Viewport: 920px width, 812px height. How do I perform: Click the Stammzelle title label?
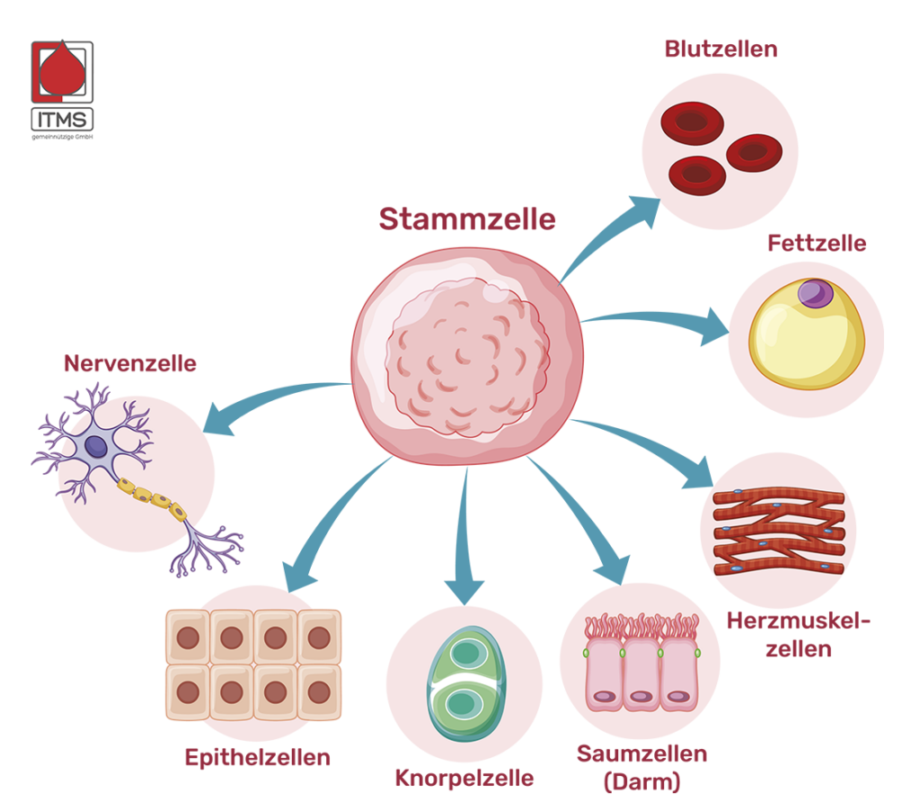pos(466,219)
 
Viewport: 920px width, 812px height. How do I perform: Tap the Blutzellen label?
pos(721,49)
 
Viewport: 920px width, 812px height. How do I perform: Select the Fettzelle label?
pos(817,243)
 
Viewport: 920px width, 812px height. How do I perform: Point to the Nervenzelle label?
pos(129,363)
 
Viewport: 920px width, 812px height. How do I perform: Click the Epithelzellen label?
pos(257,757)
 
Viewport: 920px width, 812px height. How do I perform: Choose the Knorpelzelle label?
pos(464,778)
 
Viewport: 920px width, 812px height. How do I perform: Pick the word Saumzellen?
pos(641,754)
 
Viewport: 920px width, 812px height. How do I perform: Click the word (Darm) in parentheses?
pos(641,782)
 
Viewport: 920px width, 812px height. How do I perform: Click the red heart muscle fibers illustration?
pos(778,531)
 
